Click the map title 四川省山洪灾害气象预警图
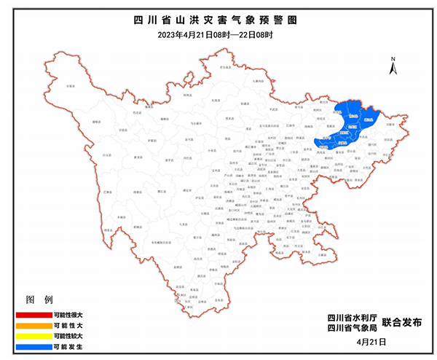pyautogui.click(x=219, y=20)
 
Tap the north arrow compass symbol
pyautogui.click(x=392, y=66)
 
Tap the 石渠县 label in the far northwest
pyautogui.click(x=71, y=86)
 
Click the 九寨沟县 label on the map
pyautogui.click(x=256, y=82)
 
